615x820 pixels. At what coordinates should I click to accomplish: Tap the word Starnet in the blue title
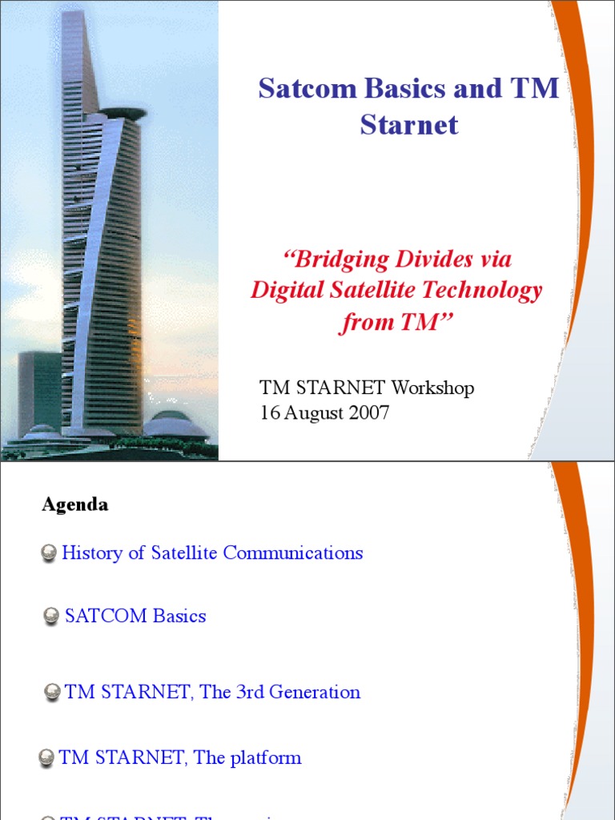click(x=409, y=125)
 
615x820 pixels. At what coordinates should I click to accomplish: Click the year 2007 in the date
click(x=367, y=413)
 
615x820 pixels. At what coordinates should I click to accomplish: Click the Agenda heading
click(x=74, y=505)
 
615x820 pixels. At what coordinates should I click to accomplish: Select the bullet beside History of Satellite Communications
click(x=50, y=553)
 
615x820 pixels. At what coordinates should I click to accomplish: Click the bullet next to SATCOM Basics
click(x=52, y=617)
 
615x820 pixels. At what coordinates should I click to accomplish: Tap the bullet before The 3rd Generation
click(x=53, y=693)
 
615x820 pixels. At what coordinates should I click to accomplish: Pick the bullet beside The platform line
click(x=47, y=758)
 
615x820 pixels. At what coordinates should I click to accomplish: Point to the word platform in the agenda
click(x=267, y=758)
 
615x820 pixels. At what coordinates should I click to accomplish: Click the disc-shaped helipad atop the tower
click(x=123, y=114)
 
